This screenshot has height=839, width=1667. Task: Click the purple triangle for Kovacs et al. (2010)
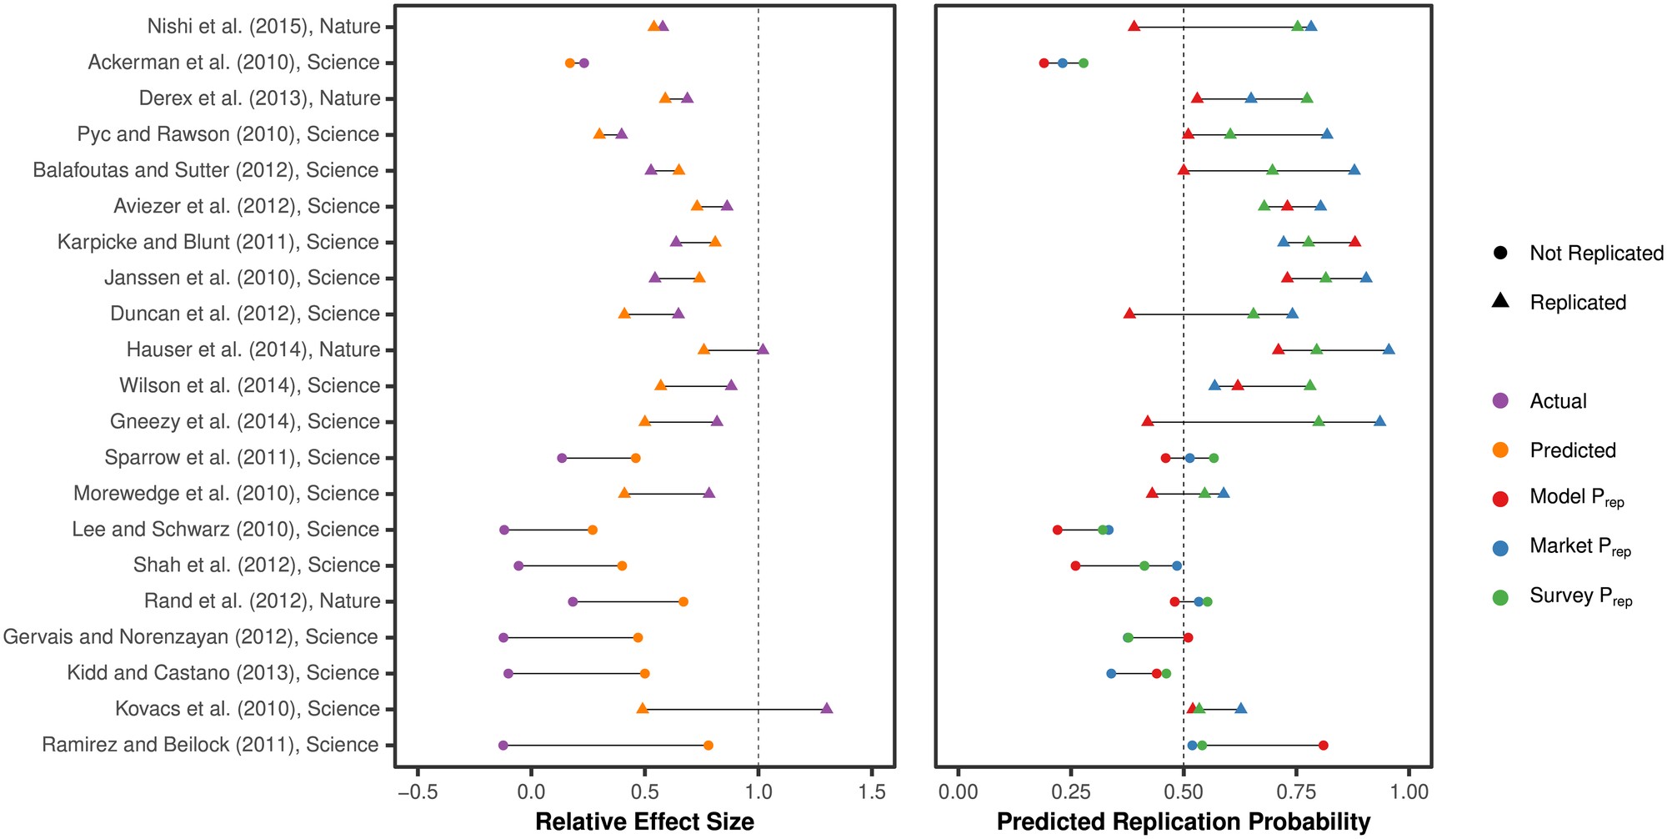(x=827, y=709)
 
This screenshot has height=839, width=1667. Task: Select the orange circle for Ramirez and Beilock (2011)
(x=708, y=746)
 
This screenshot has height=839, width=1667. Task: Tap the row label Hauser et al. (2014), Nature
(x=253, y=349)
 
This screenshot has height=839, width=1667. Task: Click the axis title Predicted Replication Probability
(x=1183, y=822)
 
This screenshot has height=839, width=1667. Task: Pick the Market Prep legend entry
(x=1579, y=547)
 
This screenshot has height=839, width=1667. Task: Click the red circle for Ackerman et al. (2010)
(x=1044, y=63)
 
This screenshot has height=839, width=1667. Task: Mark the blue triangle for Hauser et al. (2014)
(x=1389, y=349)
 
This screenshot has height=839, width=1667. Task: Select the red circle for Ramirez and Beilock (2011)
(x=1323, y=746)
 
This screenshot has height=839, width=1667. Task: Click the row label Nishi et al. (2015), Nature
(x=263, y=27)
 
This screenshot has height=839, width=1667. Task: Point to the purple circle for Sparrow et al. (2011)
(x=562, y=458)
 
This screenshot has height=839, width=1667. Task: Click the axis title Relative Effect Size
(x=644, y=822)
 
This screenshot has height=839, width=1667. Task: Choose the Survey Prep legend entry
(x=1579, y=596)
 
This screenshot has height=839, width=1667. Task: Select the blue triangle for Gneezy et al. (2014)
(x=1379, y=421)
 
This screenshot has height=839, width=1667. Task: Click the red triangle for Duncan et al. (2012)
(x=1129, y=314)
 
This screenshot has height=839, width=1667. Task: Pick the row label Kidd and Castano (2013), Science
(x=223, y=673)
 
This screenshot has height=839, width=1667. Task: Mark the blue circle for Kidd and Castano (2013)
(x=1111, y=673)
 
